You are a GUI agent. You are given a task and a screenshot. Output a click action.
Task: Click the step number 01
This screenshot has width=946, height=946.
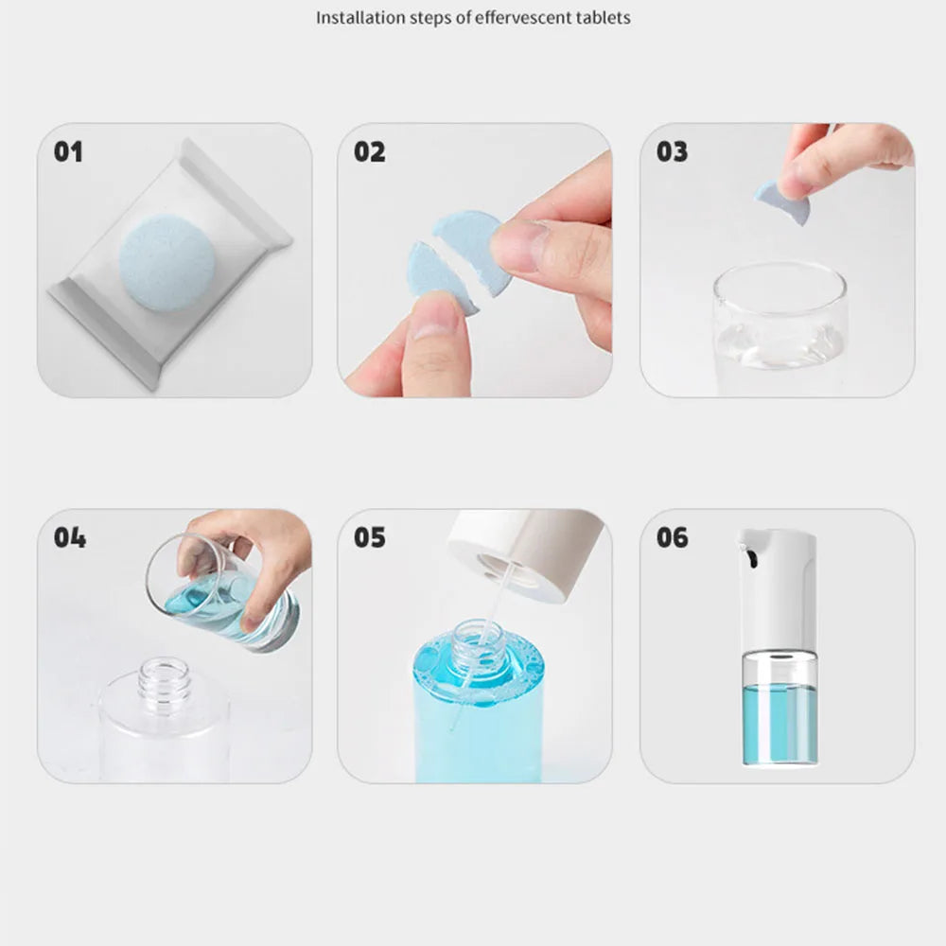[68, 151]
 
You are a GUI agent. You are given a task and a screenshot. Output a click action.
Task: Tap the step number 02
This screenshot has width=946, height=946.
[370, 151]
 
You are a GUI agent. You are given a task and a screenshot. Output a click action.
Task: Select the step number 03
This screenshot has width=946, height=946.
[672, 151]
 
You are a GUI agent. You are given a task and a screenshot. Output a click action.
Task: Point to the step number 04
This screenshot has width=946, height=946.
[69, 537]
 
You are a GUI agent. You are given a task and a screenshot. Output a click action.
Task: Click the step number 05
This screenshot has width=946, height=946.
[370, 537]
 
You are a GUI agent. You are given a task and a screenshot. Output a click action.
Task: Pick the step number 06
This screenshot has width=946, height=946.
[672, 537]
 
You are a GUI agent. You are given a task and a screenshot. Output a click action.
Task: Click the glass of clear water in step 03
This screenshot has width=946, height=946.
[780, 326]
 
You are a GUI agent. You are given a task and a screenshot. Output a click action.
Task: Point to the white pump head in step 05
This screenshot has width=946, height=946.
[525, 553]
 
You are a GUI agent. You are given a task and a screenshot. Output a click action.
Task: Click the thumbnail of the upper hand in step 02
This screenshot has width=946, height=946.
[517, 248]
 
